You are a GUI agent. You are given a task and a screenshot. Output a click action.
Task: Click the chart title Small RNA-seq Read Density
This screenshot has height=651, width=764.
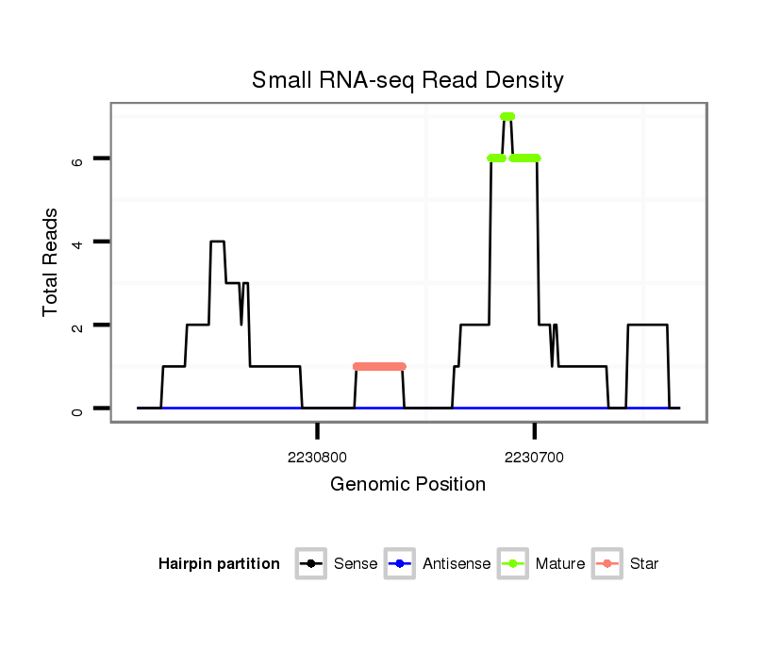tap(407, 81)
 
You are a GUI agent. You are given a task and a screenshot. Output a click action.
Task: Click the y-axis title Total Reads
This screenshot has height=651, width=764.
tap(51, 262)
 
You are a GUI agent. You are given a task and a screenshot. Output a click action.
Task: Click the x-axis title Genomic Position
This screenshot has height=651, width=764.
tap(407, 485)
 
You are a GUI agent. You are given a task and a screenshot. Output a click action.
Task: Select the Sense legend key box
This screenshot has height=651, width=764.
tap(310, 564)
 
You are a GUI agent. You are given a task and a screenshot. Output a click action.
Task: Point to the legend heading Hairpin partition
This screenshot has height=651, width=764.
tap(219, 564)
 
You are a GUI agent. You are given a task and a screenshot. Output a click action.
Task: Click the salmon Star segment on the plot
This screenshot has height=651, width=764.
tap(379, 366)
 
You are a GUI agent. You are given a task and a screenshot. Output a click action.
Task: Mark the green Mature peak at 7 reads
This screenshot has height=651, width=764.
tap(507, 116)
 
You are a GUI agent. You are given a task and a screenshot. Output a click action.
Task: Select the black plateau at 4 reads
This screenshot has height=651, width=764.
tap(217, 242)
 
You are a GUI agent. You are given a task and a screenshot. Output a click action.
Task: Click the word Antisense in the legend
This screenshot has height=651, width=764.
tap(457, 564)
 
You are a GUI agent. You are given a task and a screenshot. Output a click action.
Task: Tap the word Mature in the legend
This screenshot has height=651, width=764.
tap(559, 564)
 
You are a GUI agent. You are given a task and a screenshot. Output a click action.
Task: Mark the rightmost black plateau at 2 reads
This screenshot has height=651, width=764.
tap(647, 325)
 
